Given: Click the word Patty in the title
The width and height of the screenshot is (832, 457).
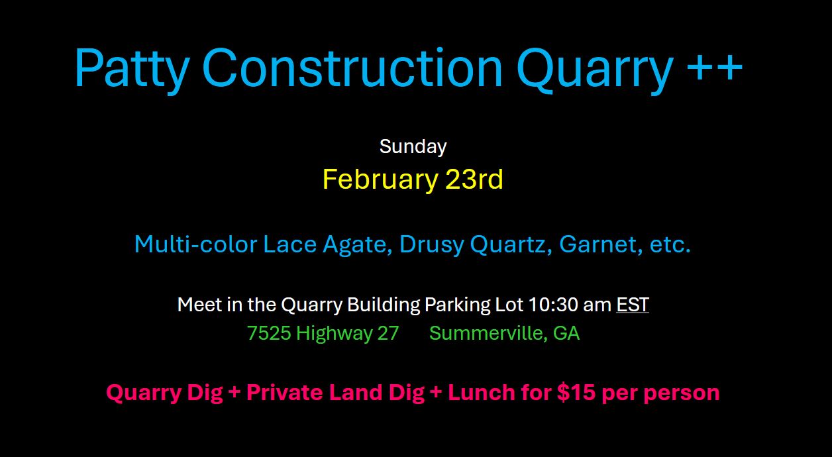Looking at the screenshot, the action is tap(132, 70).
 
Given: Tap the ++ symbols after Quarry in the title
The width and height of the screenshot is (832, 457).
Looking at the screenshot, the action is tap(714, 67).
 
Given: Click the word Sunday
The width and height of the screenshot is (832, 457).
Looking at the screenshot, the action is tap(413, 147).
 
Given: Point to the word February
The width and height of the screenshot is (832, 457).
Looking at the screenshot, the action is tap(381, 180).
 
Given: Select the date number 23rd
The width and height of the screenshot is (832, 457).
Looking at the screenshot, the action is tap(474, 179).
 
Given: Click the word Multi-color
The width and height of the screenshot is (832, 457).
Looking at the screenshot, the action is tap(195, 244).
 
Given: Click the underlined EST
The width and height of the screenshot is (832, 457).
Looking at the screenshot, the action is tap(633, 305).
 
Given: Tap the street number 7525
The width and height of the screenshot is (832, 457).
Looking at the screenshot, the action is tap(269, 333).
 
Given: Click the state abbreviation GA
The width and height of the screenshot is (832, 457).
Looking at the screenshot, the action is tap(566, 333).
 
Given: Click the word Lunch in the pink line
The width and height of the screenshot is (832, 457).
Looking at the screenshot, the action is tap(481, 392).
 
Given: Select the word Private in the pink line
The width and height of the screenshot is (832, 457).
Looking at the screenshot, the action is tap(285, 392).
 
